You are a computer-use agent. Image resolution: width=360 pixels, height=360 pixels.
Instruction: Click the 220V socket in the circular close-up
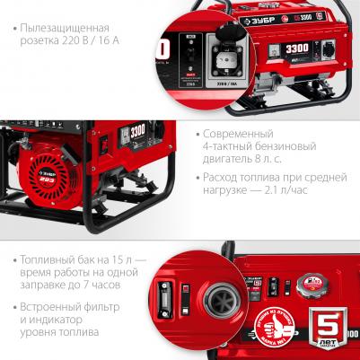[x=224, y=57]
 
